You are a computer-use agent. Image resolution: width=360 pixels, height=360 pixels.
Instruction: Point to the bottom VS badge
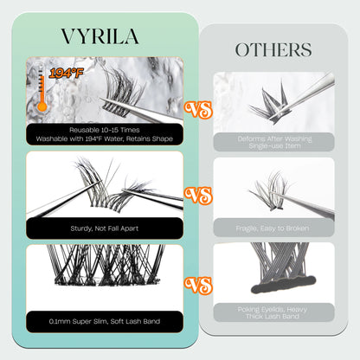[200, 282]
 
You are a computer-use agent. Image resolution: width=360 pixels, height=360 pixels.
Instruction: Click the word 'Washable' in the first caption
[58, 138]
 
